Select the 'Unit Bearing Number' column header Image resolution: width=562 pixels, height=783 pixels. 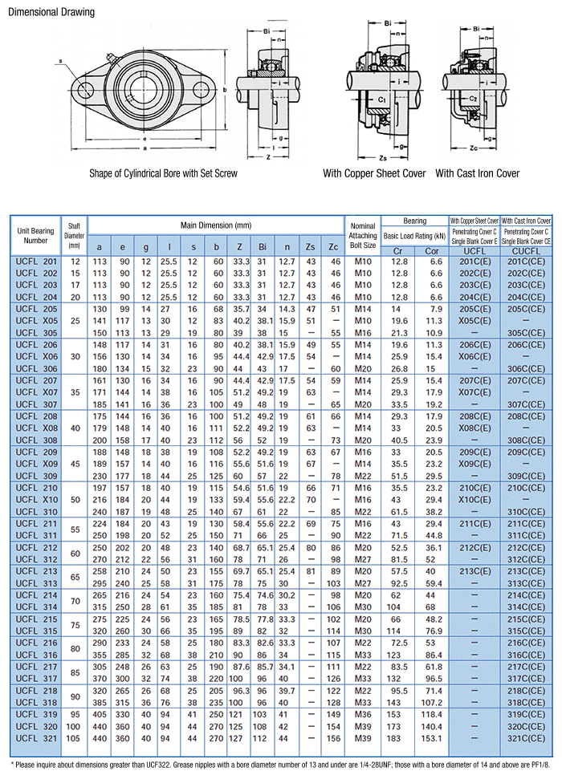coord(36,236)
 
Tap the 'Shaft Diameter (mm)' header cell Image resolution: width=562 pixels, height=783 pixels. coord(75,236)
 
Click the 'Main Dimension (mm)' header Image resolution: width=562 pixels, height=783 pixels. coord(215,225)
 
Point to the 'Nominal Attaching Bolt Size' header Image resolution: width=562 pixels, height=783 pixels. coord(362,236)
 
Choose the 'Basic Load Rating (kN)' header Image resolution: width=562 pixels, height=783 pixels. coord(414,236)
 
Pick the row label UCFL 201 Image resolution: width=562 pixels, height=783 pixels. coord(36,262)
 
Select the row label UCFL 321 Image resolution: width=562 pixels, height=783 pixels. coord(36,737)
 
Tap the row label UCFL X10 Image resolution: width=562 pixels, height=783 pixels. coord(36,499)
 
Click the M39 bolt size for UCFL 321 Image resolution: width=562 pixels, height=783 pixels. coord(363,737)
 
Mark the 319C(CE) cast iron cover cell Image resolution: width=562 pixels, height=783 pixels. coord(526,714)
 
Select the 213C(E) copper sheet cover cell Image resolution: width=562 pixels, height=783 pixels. coord(474,570)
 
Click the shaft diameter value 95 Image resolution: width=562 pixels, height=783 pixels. coord(75,714)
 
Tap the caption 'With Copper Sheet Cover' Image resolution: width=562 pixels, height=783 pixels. coord(374,173)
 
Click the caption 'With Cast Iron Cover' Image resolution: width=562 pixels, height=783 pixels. coord(477,173)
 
